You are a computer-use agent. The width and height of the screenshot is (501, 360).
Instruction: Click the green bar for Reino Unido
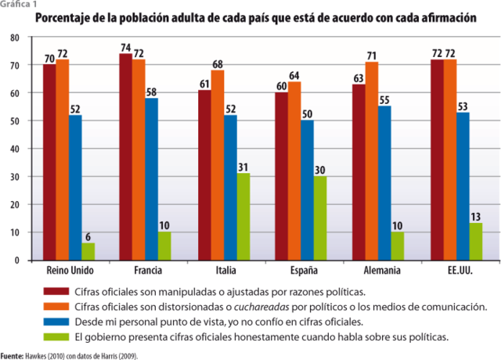[x=88, y=251]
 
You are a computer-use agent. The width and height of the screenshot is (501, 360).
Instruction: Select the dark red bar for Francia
[x=125, y=157]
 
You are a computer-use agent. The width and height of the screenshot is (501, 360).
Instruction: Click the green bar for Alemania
[x=397, y=246]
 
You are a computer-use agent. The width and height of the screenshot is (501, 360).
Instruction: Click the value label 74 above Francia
[x=125, y=48]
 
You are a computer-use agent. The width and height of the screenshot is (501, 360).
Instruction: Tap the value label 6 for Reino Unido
[x=88, y=236]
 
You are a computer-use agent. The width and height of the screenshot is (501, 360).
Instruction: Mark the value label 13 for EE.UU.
[x=476, y=217]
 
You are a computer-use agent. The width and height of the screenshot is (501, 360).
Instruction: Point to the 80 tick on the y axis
[x=16, y=38]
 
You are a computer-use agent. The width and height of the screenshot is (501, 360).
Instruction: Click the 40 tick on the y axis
[x=16, y=149]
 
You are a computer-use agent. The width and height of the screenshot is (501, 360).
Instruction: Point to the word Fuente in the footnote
[x=11, y=355]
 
